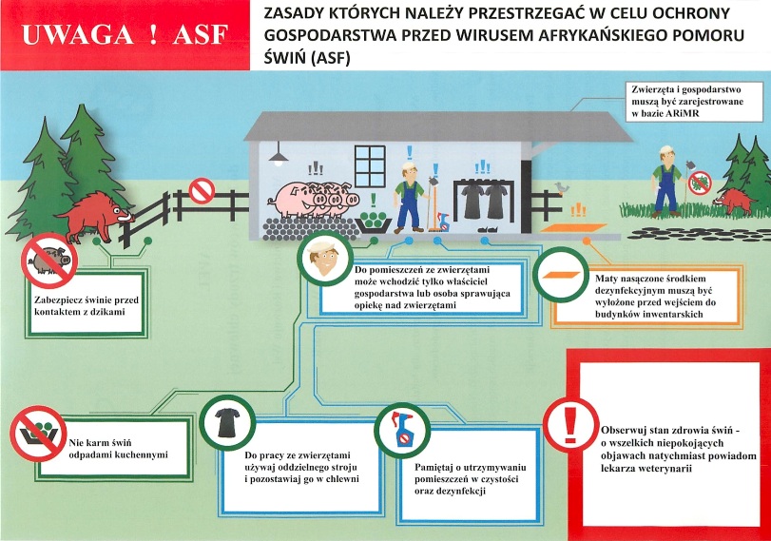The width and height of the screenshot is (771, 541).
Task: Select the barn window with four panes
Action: [x=368, y=162]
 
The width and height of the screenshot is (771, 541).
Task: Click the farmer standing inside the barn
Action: [x=409, y=196]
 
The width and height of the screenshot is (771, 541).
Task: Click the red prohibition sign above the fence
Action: [x=202, y=191]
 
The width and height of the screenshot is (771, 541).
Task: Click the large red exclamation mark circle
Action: [x=569, y=419]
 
